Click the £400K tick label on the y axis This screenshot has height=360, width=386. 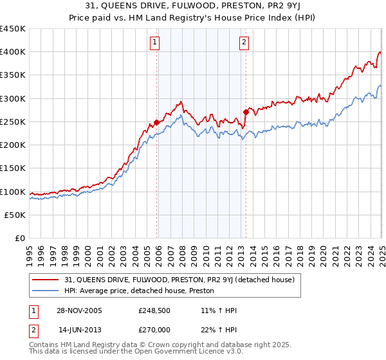coord(12,52)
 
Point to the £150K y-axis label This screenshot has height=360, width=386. coord(12,168)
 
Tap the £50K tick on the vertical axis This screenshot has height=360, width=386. coord(15,215)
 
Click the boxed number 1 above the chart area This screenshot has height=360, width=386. coord(156,43)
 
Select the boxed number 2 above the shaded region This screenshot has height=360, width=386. coord(245,43)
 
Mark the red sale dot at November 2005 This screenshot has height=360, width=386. coord(156,122)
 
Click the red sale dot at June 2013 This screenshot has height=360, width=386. coord(246,112)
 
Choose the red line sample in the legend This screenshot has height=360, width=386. coord(46,280)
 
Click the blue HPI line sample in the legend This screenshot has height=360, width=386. coord(46,291)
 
